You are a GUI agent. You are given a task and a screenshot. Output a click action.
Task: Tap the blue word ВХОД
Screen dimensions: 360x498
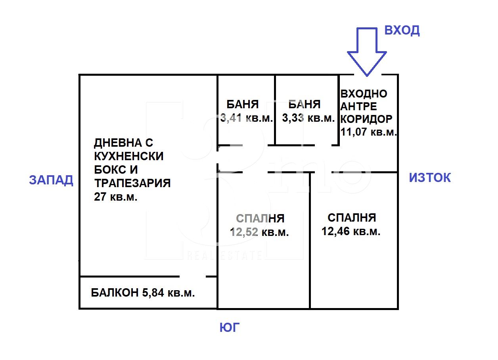point(402,30)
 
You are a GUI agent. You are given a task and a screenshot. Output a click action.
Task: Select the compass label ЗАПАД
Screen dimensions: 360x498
point(51,180)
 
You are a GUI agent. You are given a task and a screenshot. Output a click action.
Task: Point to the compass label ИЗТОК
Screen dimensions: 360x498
point(430,178)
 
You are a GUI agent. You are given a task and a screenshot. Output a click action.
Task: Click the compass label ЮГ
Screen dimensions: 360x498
point(230,327)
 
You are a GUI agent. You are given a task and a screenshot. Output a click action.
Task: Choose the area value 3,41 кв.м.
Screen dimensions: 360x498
point(247,118)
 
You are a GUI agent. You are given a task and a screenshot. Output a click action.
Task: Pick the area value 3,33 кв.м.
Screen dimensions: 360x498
point(308,118)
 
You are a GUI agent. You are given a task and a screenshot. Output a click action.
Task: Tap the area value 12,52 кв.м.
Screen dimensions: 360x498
point(259,232)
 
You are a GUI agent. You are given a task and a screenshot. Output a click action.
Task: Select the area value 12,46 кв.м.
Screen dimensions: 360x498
point(351,231)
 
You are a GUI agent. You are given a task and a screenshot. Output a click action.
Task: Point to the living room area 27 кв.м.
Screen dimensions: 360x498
point(116,197)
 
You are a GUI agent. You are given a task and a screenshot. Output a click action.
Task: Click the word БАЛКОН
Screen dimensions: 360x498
point(115,293)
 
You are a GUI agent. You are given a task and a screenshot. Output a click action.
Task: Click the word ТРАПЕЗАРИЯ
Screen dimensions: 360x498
point(132,183)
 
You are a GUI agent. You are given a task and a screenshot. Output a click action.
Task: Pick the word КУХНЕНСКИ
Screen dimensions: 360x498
point(128,156)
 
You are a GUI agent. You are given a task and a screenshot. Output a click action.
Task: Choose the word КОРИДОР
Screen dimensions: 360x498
point(367,119)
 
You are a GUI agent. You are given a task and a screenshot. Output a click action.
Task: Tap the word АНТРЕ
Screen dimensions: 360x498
point(359,106)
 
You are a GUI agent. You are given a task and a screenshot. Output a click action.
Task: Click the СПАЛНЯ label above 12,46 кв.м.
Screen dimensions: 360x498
point(352,217)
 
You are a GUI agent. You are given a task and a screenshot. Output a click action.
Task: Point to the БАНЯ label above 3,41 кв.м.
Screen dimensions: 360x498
point(242,104)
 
